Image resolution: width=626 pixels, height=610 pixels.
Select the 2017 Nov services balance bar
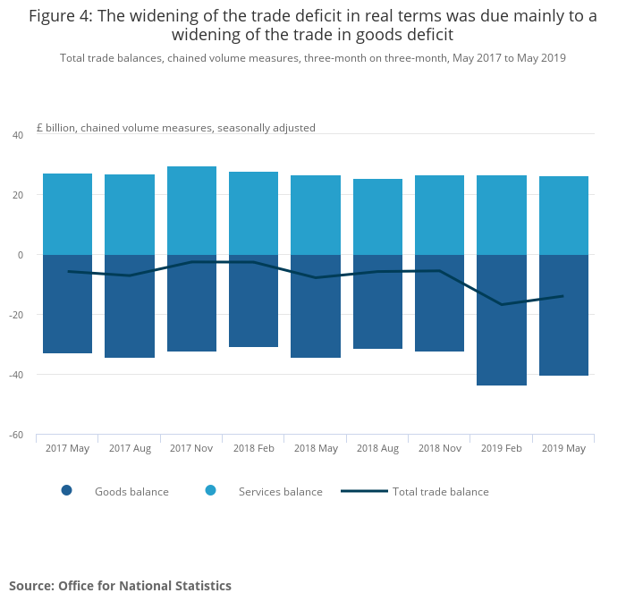pos(191,210)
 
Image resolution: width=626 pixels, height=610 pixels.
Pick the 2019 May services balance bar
pos(563,216)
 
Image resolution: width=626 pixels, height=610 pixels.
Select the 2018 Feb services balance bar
pos(253,213)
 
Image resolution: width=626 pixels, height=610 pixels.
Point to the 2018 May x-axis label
pos(316,448)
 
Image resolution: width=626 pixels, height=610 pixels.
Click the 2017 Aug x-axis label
pos(130,448)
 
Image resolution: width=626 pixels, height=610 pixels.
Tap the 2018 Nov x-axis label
pos(439,448)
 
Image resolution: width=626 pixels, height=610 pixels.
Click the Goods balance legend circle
pos(66,490)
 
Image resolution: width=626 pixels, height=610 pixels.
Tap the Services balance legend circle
pos(211,490)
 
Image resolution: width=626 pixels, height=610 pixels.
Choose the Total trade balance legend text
pos(440,491)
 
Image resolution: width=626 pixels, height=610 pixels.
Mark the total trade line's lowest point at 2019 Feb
pos(501,305)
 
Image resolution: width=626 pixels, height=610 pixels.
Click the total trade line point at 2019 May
pos(563,296)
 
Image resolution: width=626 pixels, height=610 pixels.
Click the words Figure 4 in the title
pos(63,16)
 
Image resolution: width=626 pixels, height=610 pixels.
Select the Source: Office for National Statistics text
pos(120,586)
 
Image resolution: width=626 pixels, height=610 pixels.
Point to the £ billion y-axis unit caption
pos(175,128)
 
